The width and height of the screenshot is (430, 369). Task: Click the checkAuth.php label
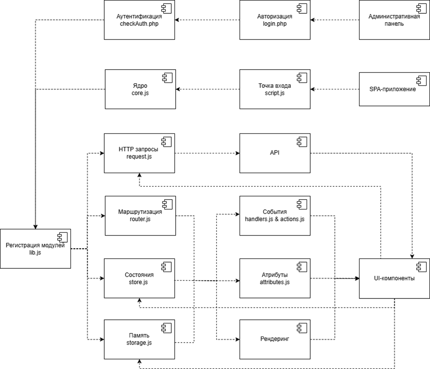(140, 24)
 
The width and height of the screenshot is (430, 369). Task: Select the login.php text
(275, 24)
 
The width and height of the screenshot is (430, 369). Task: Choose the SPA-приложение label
(392, 89)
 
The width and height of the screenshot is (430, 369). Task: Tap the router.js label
(140, 219)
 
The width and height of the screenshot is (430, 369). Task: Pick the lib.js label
(36, 252)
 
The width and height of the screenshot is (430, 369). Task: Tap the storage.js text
(140, 342)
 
